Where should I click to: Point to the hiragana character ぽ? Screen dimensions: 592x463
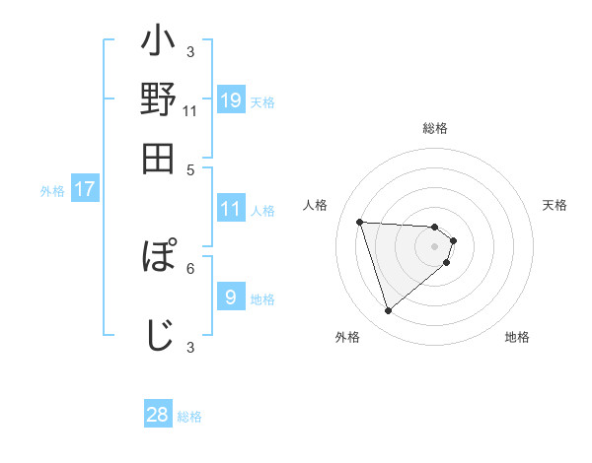[x=159, y=258]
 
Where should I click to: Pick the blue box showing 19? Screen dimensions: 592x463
[x=230, y=101]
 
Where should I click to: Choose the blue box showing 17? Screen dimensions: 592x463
[x=85, y=190]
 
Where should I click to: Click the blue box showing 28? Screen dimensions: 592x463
[x=158, y=415]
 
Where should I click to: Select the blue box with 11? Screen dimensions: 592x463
[x=230, y=209]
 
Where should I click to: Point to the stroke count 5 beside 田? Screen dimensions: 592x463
[x=190, y=168]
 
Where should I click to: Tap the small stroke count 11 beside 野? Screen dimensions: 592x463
[x=190, y=111]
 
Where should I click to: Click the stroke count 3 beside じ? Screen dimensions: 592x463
[x=190, y=346]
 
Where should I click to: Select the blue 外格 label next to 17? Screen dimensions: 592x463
[x=52, y=191]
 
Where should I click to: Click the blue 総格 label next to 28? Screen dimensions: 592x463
[x=189, y=417]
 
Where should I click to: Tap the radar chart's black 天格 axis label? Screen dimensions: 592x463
[x=555, y=205]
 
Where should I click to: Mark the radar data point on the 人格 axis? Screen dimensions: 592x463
[x=360, y=222]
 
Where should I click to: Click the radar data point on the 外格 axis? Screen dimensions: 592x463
[x=388, y=311]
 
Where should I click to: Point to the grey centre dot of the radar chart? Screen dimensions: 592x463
[x=434, y=245]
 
